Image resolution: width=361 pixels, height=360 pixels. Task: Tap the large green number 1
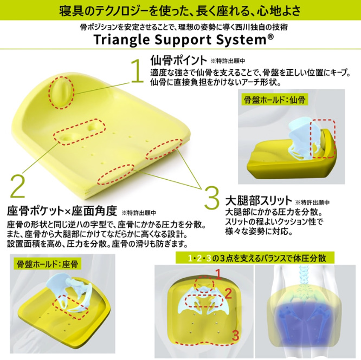pyautogui.click(x=137, y=70)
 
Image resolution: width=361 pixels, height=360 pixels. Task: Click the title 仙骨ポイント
pyautogui.click(x=179, y=60)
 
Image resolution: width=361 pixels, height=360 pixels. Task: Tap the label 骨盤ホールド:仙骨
pyautogui.click(x=274, y=100)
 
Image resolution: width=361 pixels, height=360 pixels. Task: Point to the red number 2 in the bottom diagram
pyautogui.click(x=229, y=294)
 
